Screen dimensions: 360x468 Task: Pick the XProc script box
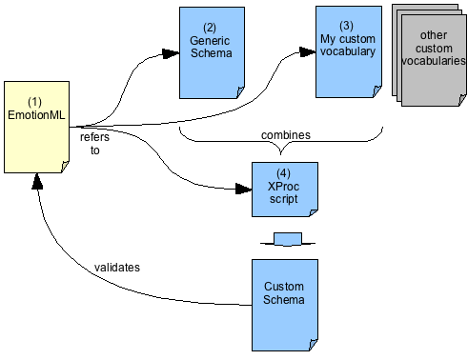click(284, 190)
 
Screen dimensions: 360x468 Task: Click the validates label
click(117, 267)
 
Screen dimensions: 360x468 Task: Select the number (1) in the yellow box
click(35, 102)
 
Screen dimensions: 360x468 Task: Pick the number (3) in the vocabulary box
click(346, 25)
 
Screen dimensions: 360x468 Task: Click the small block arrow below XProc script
click(287, 238)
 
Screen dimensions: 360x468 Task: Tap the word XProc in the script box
click(283, 189)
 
